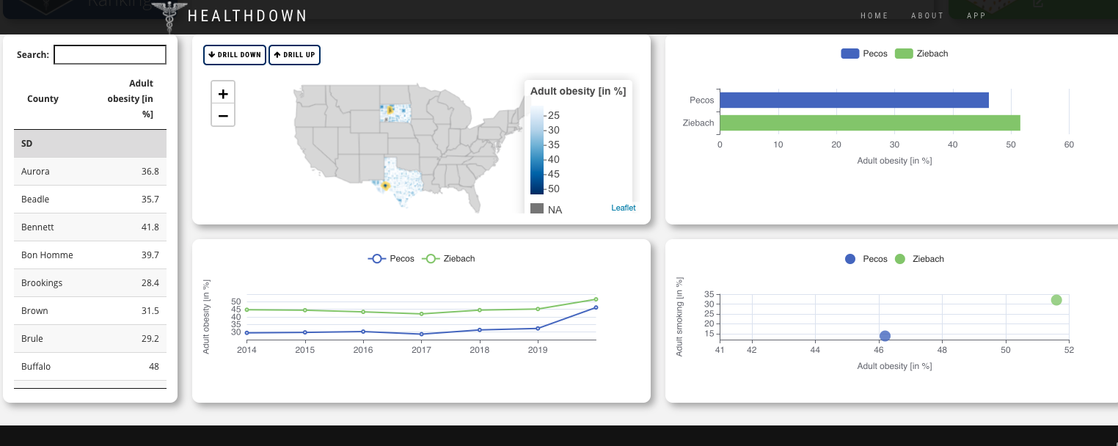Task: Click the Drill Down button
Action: (x=235, y=55)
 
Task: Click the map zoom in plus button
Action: (x=223, y=94)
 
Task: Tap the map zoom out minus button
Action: (x=223, y=115)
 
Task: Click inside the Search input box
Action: (x=110, y=54)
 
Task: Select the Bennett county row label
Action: (x=37, y=227)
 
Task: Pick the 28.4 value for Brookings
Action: (x=150, y=283)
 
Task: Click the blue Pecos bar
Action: (x=854, y=100)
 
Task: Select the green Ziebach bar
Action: (x=869, y=123)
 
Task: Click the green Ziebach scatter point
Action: (x=1056, y=300)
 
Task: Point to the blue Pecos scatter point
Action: (x=885, y=336)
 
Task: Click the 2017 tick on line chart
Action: (x=421, y=350)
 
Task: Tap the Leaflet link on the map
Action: (x=624, y=208)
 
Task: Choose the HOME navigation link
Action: (x=874, y=15)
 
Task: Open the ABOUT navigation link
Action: (x=927, y=15)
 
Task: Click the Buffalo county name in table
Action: (x=36, y=367)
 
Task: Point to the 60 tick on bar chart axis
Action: (x=1069, y=145)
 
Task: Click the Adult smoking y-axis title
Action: (x=679, y=317)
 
